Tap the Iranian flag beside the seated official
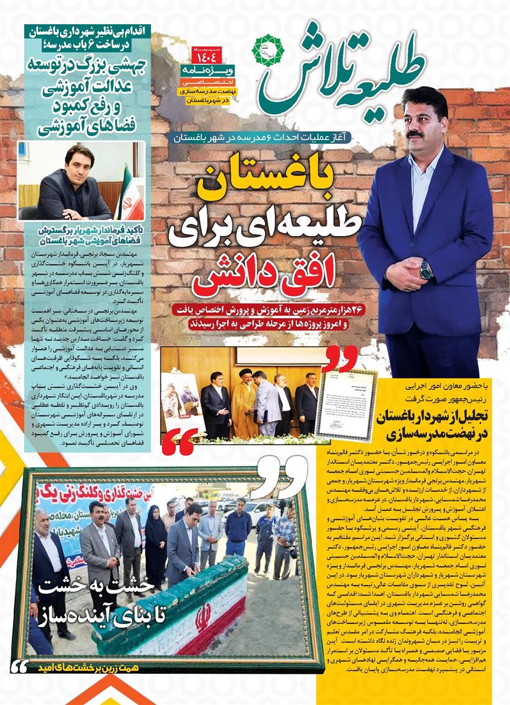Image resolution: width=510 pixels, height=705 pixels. pyautogui.click(x=129, y=192)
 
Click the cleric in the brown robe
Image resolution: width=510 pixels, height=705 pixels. pyautogui.click(x=244, y=403)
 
